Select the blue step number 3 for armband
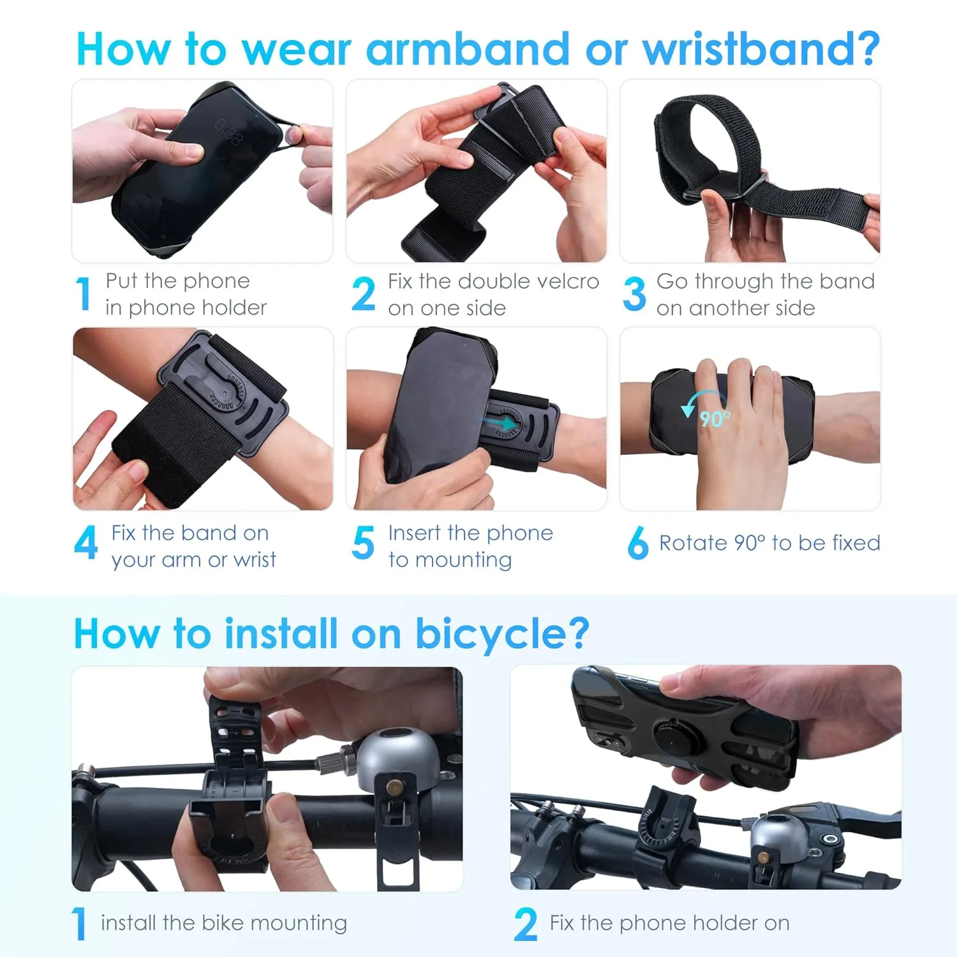634,294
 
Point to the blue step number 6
637,543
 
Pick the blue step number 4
86,543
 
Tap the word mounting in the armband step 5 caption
463,560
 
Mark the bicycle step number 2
526,924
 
